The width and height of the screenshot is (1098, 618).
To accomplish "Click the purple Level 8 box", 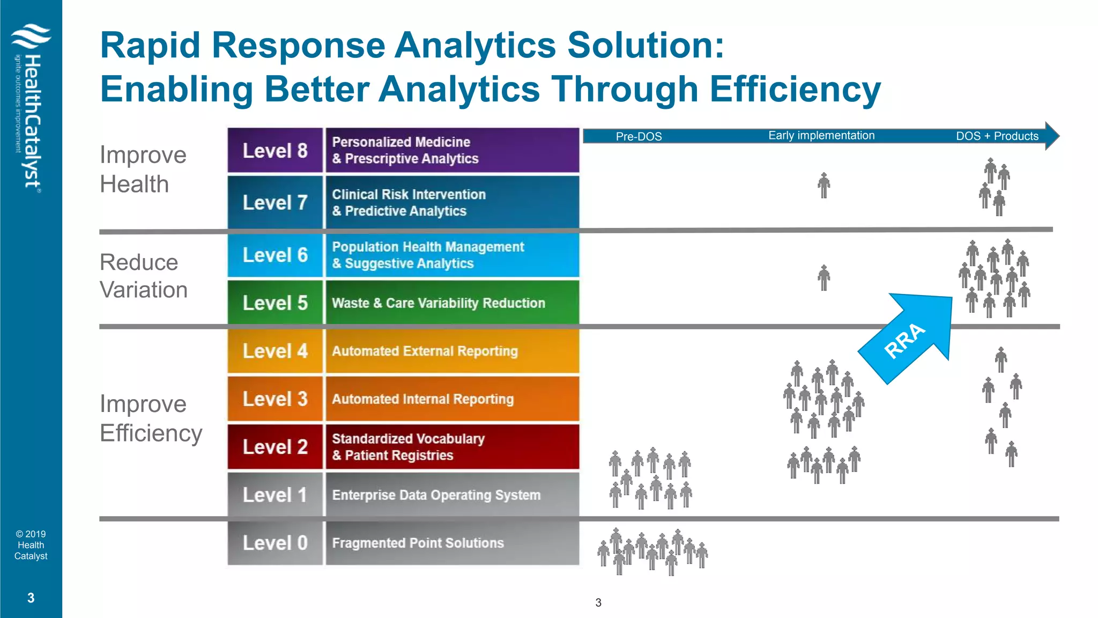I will point(275,151).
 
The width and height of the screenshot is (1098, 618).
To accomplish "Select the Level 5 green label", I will point(275,303).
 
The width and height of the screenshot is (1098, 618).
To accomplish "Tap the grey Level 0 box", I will point(275,543).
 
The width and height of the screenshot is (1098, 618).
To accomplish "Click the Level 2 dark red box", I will point(275,447).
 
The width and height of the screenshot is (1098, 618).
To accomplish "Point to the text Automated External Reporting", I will point(425,351).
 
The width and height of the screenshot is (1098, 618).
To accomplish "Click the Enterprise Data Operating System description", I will point(436,495).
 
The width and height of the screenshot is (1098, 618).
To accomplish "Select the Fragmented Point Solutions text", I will point(418,543).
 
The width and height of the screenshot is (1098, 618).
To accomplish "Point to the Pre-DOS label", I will point(639,136).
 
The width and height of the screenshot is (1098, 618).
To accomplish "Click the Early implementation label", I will point(821,136).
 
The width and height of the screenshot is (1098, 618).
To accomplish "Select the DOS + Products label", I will point(997,136).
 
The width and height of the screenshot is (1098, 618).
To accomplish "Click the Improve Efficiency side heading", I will point(151,418).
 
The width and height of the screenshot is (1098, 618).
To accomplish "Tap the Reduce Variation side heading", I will point(143,276).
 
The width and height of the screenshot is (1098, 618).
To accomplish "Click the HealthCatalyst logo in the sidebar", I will point(31,107).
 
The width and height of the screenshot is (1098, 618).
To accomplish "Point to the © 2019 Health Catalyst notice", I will point(31,545).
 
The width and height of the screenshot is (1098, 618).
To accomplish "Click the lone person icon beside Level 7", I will point(823,186).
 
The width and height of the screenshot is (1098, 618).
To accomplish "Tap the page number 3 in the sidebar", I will point(31,598).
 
